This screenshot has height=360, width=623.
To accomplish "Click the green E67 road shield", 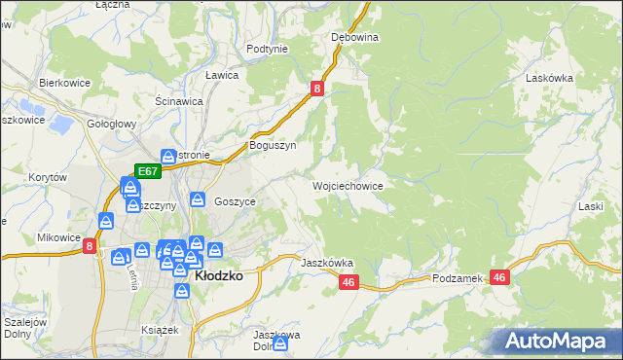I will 148,170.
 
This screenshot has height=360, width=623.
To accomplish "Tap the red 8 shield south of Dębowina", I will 317,89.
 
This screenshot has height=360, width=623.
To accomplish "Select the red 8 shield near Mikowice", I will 90,247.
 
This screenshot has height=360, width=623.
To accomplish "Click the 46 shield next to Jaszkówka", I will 350,282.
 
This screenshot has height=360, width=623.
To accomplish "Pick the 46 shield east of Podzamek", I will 500,278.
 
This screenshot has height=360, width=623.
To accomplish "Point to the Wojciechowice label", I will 348,185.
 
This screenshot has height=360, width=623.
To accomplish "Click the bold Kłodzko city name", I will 219,275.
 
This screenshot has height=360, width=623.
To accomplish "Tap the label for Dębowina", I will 354,37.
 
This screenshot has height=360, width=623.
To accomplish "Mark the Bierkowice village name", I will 64,83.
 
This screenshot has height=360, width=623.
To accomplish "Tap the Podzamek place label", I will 458,278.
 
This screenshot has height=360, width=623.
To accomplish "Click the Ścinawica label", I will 179,100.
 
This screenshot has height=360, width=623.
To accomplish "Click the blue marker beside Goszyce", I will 198,199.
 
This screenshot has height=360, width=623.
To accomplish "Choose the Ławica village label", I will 222,74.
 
